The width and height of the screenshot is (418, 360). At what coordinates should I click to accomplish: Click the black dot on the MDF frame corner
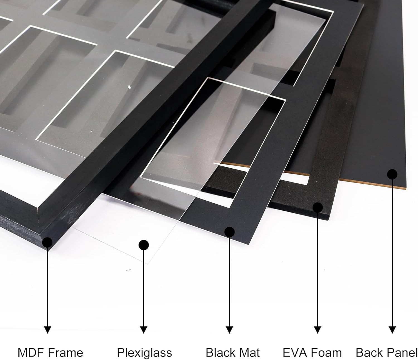[47, 242]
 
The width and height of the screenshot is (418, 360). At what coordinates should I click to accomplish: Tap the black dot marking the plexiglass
[144, 245]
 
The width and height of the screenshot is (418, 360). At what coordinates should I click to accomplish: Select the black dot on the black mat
[229, 232]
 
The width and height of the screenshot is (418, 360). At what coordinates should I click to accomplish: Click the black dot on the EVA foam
[317, 208]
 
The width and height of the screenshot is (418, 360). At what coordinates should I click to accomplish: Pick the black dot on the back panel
[392, 174]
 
